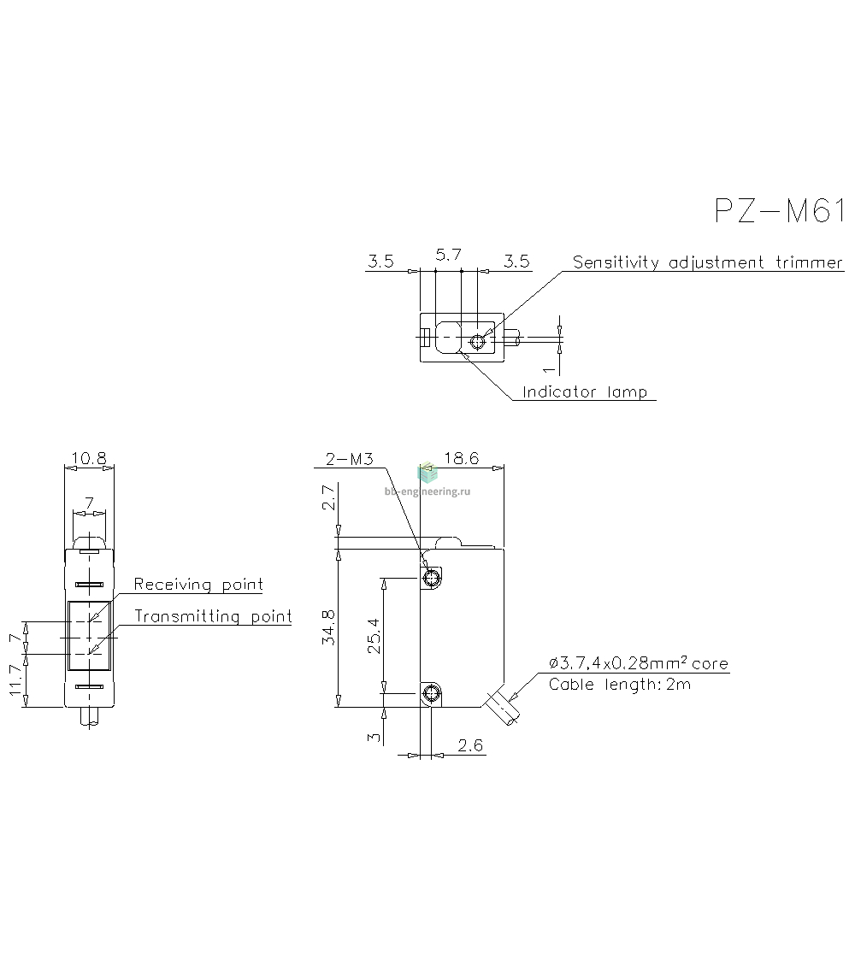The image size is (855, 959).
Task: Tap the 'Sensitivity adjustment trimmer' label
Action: point(708,262)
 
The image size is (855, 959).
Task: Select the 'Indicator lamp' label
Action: point(585,392)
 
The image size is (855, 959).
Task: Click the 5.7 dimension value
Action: point(448,255)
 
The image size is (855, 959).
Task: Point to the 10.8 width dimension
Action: point(89,458)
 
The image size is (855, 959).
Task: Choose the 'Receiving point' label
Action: point(198,585)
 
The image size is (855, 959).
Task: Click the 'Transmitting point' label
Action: point(213,616)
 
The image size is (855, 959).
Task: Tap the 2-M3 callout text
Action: point(349,459)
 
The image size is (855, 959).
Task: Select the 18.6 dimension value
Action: point(462,458)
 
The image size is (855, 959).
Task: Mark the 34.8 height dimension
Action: point(329,627)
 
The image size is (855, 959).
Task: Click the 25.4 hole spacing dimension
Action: point(374,636)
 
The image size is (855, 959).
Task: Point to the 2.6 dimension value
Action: point(469,745)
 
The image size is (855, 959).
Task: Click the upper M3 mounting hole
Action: point(432,578)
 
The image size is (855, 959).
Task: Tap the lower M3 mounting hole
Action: point(432,694)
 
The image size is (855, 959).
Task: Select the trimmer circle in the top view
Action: point(478,342)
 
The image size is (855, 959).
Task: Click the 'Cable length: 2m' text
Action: point(620,685)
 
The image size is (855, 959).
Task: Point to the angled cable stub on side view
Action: point(502,709)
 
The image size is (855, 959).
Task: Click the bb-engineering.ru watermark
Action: point(427,491)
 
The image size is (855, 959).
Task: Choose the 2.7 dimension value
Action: point(329,497)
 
